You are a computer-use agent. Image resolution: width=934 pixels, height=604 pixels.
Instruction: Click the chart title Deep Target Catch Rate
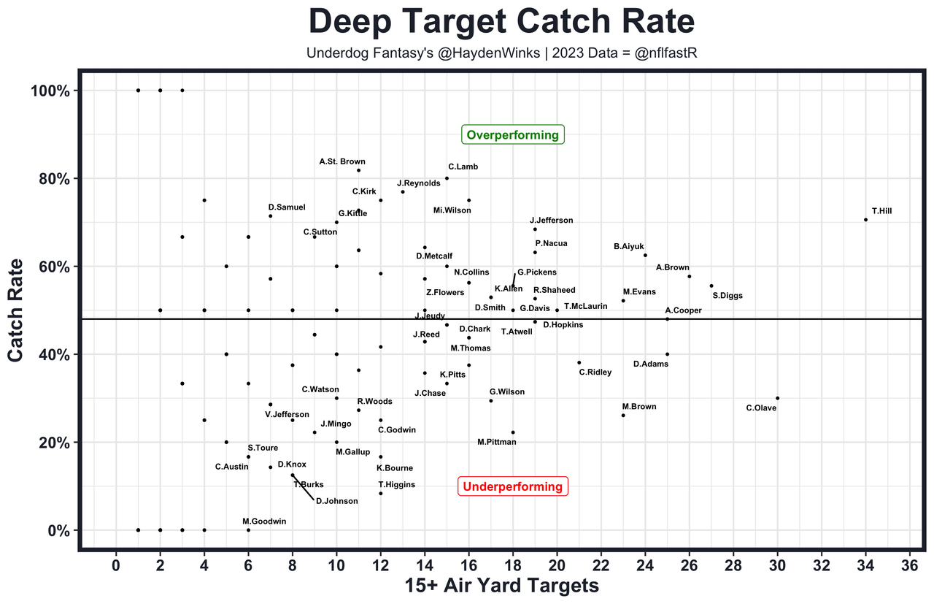(x=501, y=22)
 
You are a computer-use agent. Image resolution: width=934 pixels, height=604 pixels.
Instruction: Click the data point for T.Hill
(x=866, y=220)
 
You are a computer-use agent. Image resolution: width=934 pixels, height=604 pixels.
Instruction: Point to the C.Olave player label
(x=761, y=408)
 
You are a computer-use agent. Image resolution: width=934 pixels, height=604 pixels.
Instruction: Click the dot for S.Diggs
(x=711, y=286)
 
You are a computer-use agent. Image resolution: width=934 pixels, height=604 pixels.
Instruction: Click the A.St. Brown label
(x=342, y=161)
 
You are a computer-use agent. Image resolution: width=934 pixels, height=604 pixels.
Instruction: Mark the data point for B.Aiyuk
(x=645, y=255)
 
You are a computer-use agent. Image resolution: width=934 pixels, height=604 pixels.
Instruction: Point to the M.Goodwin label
(x=264, y=521)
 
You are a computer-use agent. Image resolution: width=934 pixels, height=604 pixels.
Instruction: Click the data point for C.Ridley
(x=579, y=362)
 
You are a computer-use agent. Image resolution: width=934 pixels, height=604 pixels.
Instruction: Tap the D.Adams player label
(x=651, y=364)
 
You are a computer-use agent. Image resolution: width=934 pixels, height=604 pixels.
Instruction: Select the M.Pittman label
(x=497, y=442)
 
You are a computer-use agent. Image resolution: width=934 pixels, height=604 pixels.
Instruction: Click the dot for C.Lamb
(x=447, y=178)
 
